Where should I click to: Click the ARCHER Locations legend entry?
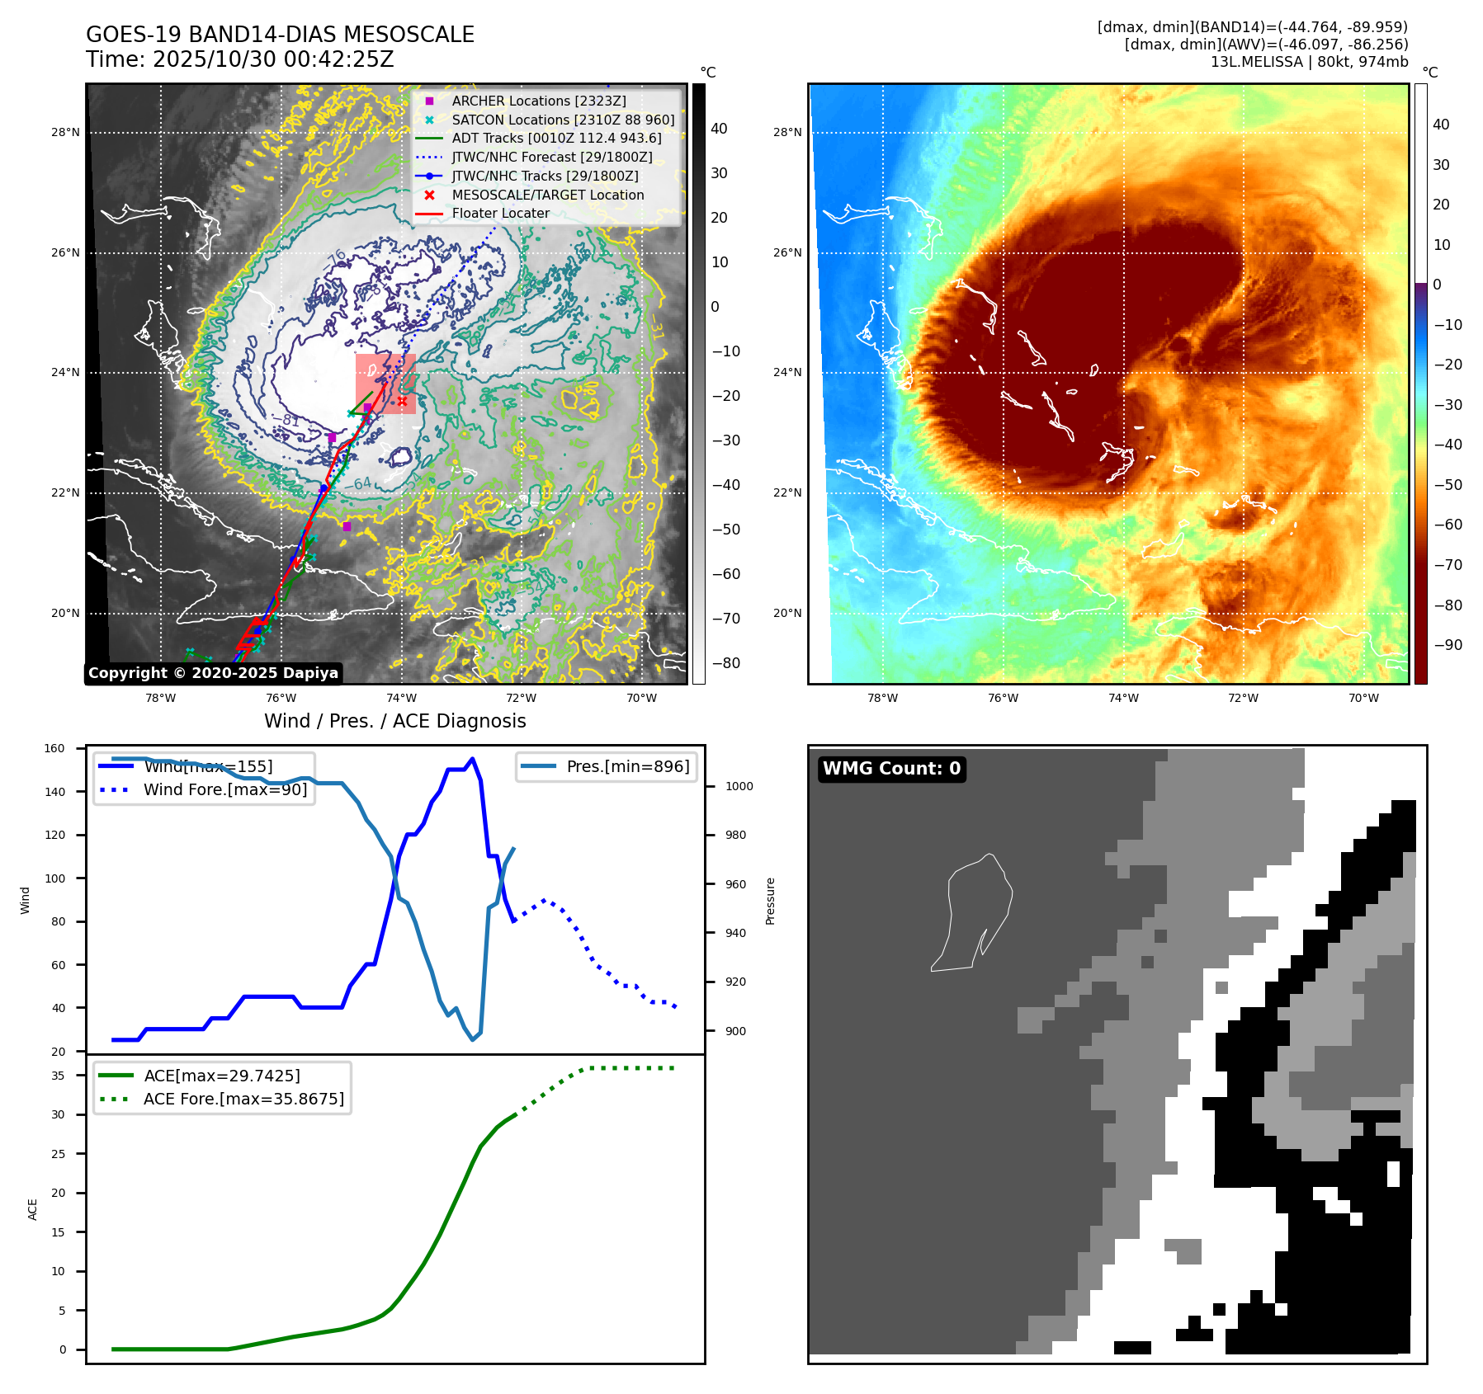click(x=538, y=101)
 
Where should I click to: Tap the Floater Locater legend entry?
click(x=500, y=213)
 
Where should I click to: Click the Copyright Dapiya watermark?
click(x=213, y=673)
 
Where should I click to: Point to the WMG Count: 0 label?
click(x=891, y=769)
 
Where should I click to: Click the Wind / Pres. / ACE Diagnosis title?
click(x=394, y=721)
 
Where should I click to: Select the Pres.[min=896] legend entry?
click(x=627, y=766)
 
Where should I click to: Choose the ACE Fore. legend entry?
click(x=243, y=1099)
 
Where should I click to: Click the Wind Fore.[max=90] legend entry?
click(x=224, y=789)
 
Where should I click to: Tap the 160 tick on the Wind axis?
click(x=54, y=749)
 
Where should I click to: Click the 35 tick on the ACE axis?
click(x=58, y=1076)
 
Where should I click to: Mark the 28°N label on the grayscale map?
click(x=65, y=132)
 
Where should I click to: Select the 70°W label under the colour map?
click(x=1363, y=698)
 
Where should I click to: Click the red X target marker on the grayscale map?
click(x=402, y=402)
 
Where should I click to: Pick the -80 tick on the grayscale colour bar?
click(x=725, y=663)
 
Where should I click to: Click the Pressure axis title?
click(x=770, y=901)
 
